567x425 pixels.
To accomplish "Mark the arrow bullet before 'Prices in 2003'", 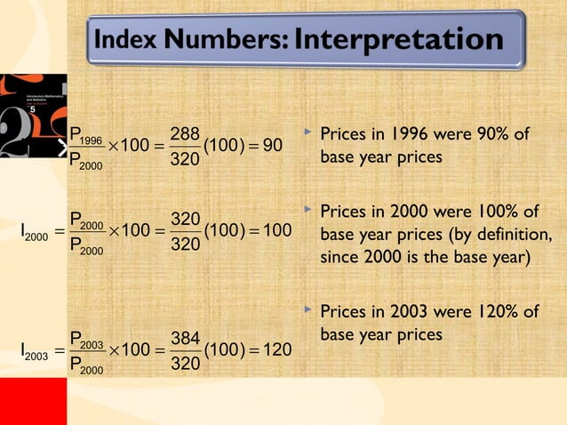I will [x=307, y=311].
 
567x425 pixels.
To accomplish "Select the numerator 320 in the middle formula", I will [x=184, y=218].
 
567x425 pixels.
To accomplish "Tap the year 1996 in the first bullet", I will [x=396, y=134].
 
